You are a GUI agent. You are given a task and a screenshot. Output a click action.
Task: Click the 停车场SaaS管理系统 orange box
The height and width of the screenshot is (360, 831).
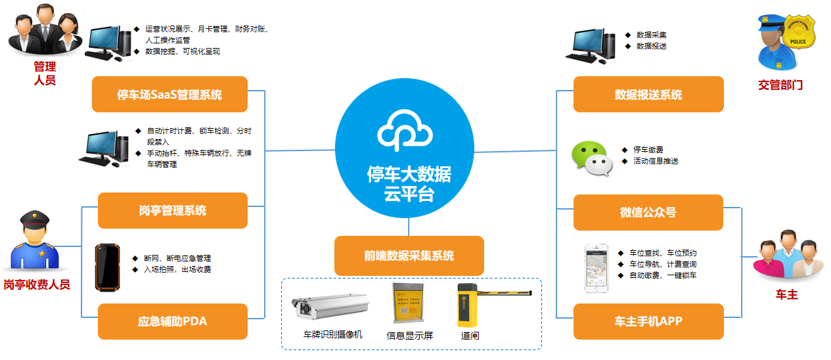[169, 95]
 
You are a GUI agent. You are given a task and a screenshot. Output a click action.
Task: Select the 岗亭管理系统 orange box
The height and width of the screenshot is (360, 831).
[173, 211]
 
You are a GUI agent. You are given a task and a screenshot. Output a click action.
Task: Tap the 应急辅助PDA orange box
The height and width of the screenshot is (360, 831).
[173, 321]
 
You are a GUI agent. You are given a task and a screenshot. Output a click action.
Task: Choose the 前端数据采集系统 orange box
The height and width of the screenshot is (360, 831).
[409, 256]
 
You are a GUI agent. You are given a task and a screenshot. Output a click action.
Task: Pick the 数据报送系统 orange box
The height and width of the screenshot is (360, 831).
[648, 95]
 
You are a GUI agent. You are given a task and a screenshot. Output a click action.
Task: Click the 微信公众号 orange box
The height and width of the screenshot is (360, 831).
[648, 212]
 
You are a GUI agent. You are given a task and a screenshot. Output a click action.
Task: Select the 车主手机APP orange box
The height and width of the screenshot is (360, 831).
[648, 321]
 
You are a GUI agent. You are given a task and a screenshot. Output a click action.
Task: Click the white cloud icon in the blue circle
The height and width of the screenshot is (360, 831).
[405, 131]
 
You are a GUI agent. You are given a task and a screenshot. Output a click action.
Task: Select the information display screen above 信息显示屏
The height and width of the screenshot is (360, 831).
[409, 302]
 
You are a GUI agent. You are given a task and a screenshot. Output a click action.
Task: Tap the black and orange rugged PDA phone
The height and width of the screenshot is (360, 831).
[106, 267]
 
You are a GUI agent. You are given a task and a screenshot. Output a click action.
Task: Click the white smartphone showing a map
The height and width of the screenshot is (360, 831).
[598, 269]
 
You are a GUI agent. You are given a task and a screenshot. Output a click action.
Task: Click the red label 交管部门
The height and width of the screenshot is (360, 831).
[780, 85]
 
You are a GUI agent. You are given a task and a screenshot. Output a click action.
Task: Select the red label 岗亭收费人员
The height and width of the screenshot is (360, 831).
[37, 284]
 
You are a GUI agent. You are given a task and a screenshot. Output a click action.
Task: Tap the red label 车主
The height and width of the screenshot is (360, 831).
[786, 295]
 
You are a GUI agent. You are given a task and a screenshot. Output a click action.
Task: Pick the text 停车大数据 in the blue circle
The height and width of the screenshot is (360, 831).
[409, 175]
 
